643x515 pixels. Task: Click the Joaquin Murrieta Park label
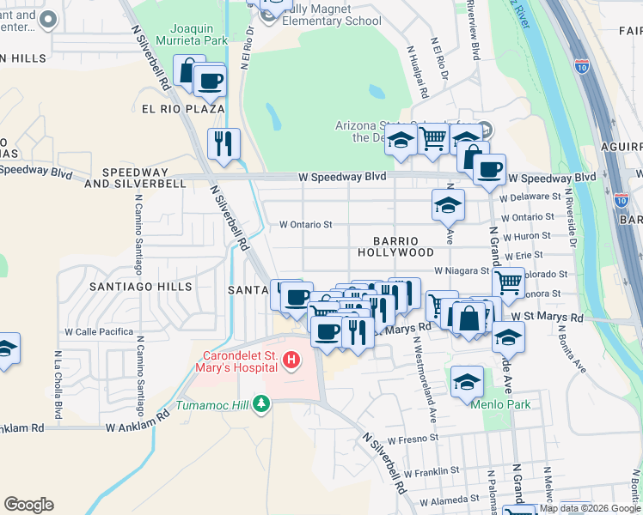(x=203, y=33)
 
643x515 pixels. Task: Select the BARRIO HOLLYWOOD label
(x=396, y=247)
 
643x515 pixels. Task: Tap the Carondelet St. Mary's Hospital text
(x=240, y=361)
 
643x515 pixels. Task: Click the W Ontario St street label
(x=305, y=225)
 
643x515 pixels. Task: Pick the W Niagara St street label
(x=462, y=270)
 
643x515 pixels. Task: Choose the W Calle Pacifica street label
(x=99, y=331)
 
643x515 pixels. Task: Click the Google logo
(x=29, y=505)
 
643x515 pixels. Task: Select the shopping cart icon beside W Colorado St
(x=508, y=281)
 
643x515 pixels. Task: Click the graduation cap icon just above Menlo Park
(x=467, y=381)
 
